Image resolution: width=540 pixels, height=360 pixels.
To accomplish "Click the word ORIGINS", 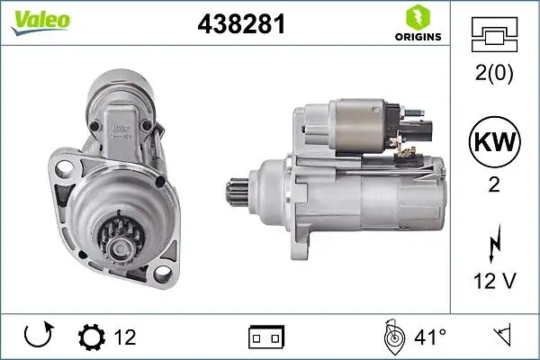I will coord(417,38).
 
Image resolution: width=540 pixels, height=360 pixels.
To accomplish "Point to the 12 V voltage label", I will coord(494,281).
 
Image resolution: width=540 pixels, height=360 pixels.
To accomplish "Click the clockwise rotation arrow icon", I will coord(38,337).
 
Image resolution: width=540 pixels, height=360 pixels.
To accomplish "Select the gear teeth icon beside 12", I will coord(92,337).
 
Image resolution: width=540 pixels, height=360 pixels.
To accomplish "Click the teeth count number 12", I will coord(125,337).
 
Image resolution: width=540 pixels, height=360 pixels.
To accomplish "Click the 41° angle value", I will coord(430,337).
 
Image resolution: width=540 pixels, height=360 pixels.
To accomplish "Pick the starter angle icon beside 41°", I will coord(392,337).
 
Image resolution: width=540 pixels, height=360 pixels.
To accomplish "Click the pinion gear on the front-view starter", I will coord(119,236).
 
